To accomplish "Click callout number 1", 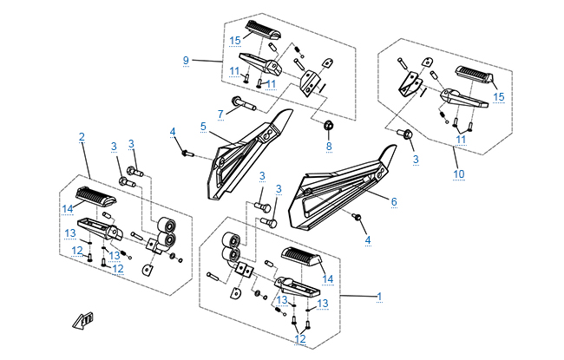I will (x=379, y=298).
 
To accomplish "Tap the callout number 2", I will (x=82, y=137).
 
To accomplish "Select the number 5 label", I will (x=203, y=127).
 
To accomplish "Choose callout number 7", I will (x=220, y=113).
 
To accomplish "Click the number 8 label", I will (x=329, y=147).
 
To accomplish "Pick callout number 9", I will (x=186, y=59).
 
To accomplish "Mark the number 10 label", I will (x=459, y=173).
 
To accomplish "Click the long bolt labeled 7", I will (x=247, y=107).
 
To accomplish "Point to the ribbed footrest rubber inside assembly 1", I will (x=299, y=259).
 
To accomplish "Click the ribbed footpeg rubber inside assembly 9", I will (x=264, y=31).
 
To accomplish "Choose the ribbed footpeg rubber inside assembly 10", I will (x=473, y=74).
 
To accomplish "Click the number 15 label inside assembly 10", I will (x=498, y=97).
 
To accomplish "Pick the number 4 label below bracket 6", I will (x=367, y=239).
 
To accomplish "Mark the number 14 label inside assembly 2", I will (x=68, y=208).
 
